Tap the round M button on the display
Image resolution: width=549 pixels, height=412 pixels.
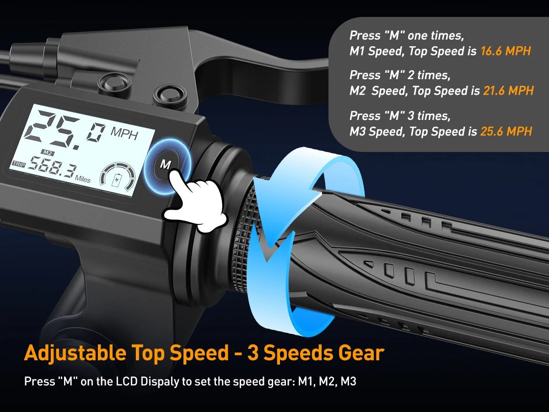click(166, 164)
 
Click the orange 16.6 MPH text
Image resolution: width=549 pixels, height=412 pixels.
click(506, 51)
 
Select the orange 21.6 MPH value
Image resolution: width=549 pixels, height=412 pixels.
click(508, 91)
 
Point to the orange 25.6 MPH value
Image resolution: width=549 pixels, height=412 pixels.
click(506, 131)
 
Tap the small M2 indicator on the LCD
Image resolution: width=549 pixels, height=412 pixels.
click(47, 152)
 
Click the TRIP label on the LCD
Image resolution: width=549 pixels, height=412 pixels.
click(19, 164)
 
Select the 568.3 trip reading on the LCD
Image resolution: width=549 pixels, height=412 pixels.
click(52, 167)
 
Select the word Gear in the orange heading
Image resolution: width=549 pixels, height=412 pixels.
click(361, 352)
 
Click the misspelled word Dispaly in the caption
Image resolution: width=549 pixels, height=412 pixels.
click(159, 382)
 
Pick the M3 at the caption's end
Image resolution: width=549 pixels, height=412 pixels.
click(349, 381)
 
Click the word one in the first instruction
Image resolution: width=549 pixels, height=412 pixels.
click(417, 36)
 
